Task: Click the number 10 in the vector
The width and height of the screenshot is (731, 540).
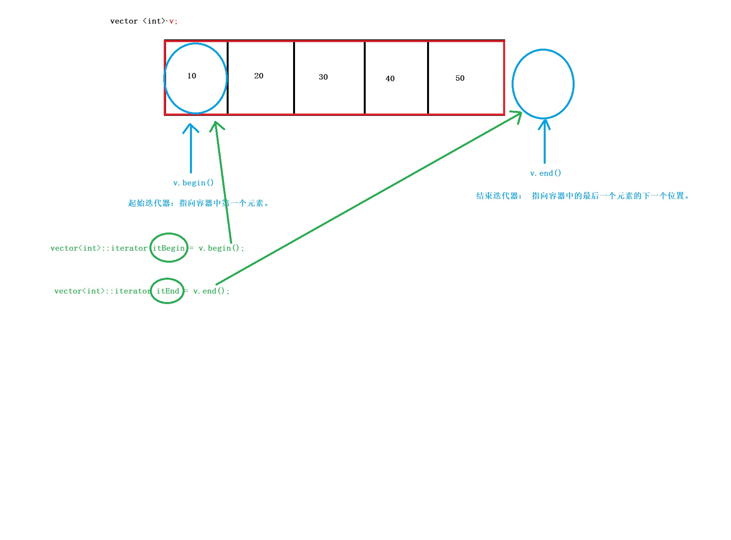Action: tap(192, 76)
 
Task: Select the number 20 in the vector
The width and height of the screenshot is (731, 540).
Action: tap(259, 76)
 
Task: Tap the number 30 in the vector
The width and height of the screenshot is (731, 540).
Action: tap(323, 77)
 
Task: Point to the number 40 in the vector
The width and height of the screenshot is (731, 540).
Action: tap(390, 79)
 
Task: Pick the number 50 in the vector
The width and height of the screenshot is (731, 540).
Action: tap(460, 78)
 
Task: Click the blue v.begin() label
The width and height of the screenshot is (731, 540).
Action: tap(193, 183)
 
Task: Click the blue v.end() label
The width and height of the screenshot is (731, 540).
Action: tap(545, 173)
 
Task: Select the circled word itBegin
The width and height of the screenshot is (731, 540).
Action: tap(169, 248)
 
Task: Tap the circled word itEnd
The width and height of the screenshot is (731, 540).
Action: tap(168, 291)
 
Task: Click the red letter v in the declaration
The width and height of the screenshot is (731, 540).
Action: tap(171, 21)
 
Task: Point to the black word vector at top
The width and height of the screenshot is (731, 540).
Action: tap(124, 21)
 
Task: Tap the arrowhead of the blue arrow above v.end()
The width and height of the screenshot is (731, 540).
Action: tap(544, 121)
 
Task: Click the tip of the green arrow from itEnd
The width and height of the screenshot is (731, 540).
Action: tap(521, 113)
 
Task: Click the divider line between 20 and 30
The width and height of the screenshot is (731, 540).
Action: tap(294, 77)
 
